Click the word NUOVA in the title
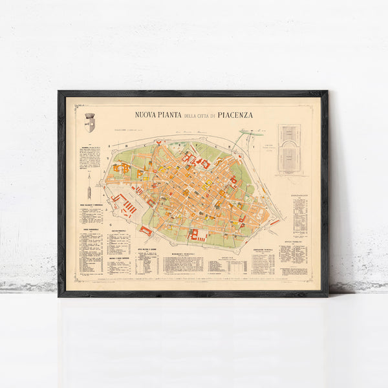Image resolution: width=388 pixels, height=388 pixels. point(147,115)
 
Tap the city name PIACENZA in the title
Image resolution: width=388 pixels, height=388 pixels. point(235,115)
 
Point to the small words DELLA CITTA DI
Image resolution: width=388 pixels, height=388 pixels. point(200,116)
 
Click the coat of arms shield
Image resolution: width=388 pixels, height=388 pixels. point(89,123)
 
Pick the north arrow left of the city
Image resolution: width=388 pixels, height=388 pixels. point(89,188)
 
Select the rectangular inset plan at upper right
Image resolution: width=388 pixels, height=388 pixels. point(289,149)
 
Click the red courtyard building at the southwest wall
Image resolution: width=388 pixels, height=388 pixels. point(146,230)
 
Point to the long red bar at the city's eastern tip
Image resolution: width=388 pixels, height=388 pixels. point(275,222)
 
